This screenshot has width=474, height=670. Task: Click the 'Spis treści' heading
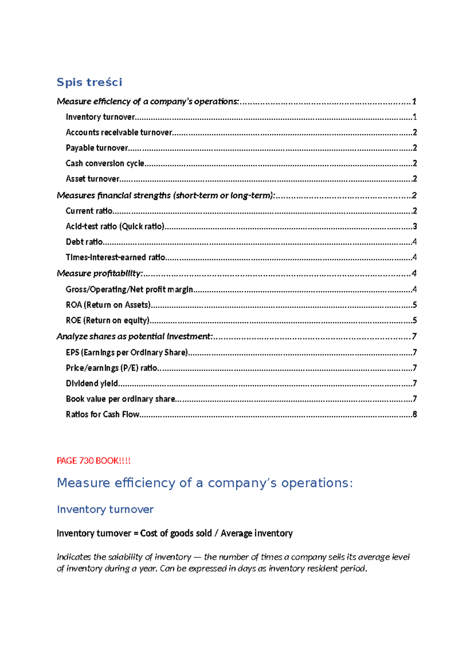click(x=89, y=82)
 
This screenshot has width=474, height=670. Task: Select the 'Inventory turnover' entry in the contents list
click(x=100, y=117)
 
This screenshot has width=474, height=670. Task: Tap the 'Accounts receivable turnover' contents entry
click(x=119, y=132)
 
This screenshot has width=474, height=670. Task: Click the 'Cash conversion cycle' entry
click(x=105, y=163)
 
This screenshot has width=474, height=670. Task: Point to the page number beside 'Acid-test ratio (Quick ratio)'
click(x=415, y=226)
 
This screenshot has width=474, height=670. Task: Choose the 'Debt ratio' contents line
click(x=84, y=242)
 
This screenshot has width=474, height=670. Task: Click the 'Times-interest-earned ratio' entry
click(x=115, y=257)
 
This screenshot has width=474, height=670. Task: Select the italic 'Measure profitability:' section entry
click(x=100, y=273)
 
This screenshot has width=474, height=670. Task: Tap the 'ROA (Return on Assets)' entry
click(x=108, y=305)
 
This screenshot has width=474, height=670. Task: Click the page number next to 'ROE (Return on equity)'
click(x=415, y=320)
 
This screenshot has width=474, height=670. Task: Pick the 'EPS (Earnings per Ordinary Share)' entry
click(x=126, y=352)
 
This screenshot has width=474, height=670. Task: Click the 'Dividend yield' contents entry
click(x=92, y=383)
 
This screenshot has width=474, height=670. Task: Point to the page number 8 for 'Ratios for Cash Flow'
click(x=415, y=414)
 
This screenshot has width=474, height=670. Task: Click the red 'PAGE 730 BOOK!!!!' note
click(x=93, y=461)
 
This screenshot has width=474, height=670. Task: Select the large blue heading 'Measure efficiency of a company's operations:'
click(x=205, y=483)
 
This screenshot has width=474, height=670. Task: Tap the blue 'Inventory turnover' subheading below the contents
click(x=105, y=509)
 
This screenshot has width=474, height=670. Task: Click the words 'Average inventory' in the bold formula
click(x=256, y=533)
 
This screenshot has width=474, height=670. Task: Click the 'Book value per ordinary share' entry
click(x=120, y=399)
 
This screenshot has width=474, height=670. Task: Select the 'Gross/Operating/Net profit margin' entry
click(x=129, y=290)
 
